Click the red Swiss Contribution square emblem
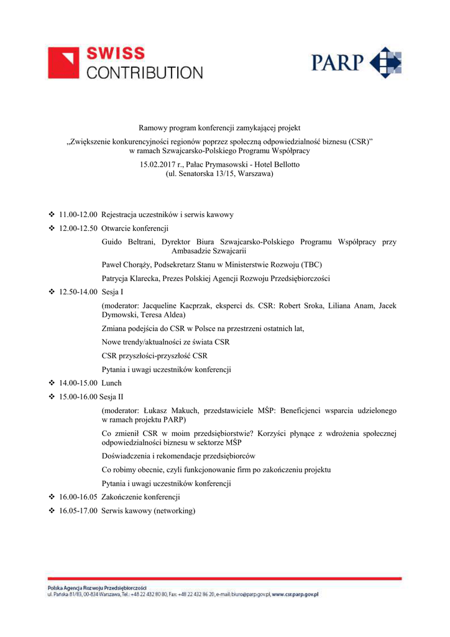point(63,63)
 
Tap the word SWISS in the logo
point(115,54)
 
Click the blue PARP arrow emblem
point(385,63)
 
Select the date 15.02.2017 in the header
point(158,164)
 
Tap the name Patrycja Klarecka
point(131,278)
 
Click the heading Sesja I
point(112,292)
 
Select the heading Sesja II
point(112,397)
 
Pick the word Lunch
point(112,383)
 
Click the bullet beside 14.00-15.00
point(52,383)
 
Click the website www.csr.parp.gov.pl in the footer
point(295,595)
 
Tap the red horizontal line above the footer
point(224,579)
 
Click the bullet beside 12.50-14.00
point(52,292)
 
